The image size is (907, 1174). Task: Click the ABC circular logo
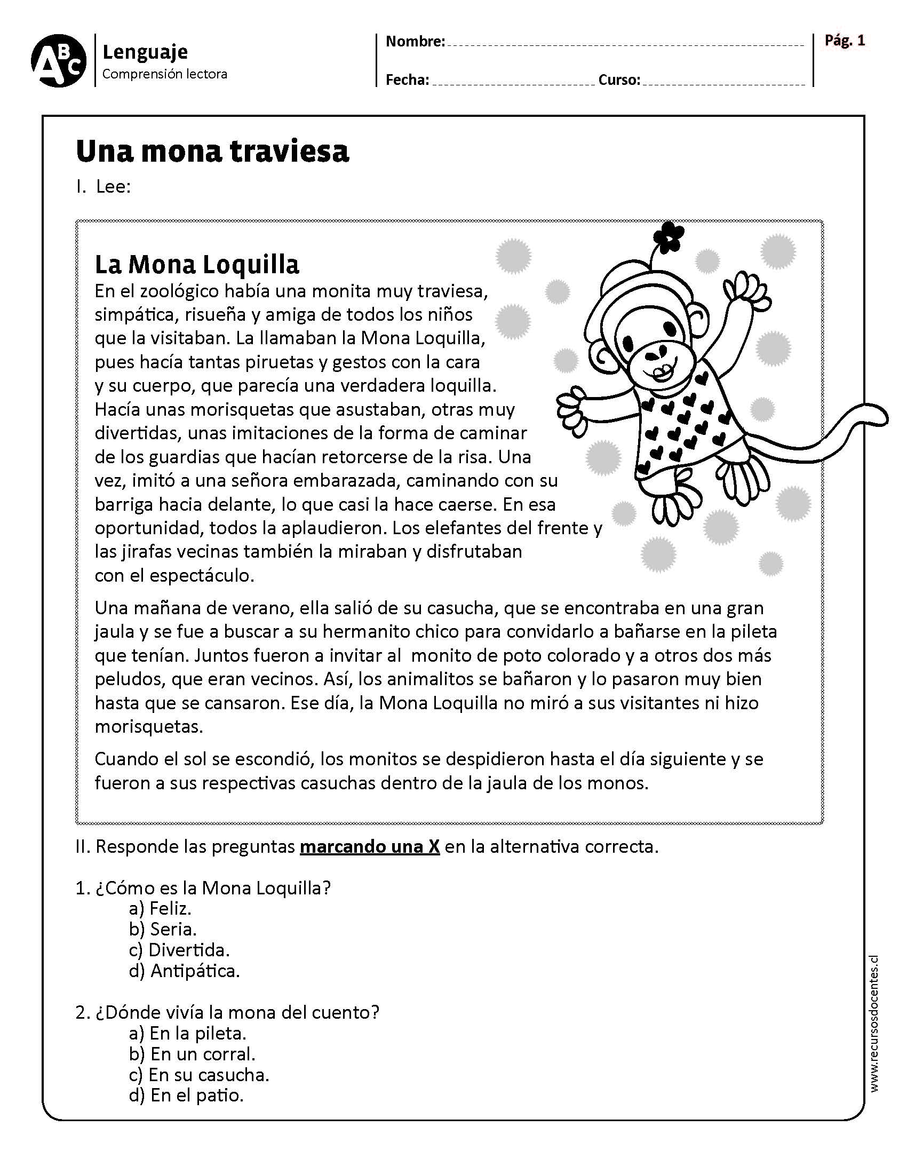[x=59, y=61]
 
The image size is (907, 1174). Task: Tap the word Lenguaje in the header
[x=145, y=52]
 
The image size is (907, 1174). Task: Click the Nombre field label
[x=415, y=42]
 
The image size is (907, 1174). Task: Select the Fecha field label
[x=407, y=80]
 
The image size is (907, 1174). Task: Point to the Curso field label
[x=619, y=80]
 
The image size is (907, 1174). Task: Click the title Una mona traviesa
[x=213, y=152]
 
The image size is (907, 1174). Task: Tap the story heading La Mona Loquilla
[x=197, y=264]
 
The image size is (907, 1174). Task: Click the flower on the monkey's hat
[x=669, y=236]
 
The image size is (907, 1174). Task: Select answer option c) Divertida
[x=179, y=950]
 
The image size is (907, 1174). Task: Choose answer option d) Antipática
[x=184, y=971]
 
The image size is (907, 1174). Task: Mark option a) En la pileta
[x=187, y=1033]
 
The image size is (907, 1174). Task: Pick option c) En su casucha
[x=199, y=1075]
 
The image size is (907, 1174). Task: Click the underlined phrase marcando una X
[x=370, y=847]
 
